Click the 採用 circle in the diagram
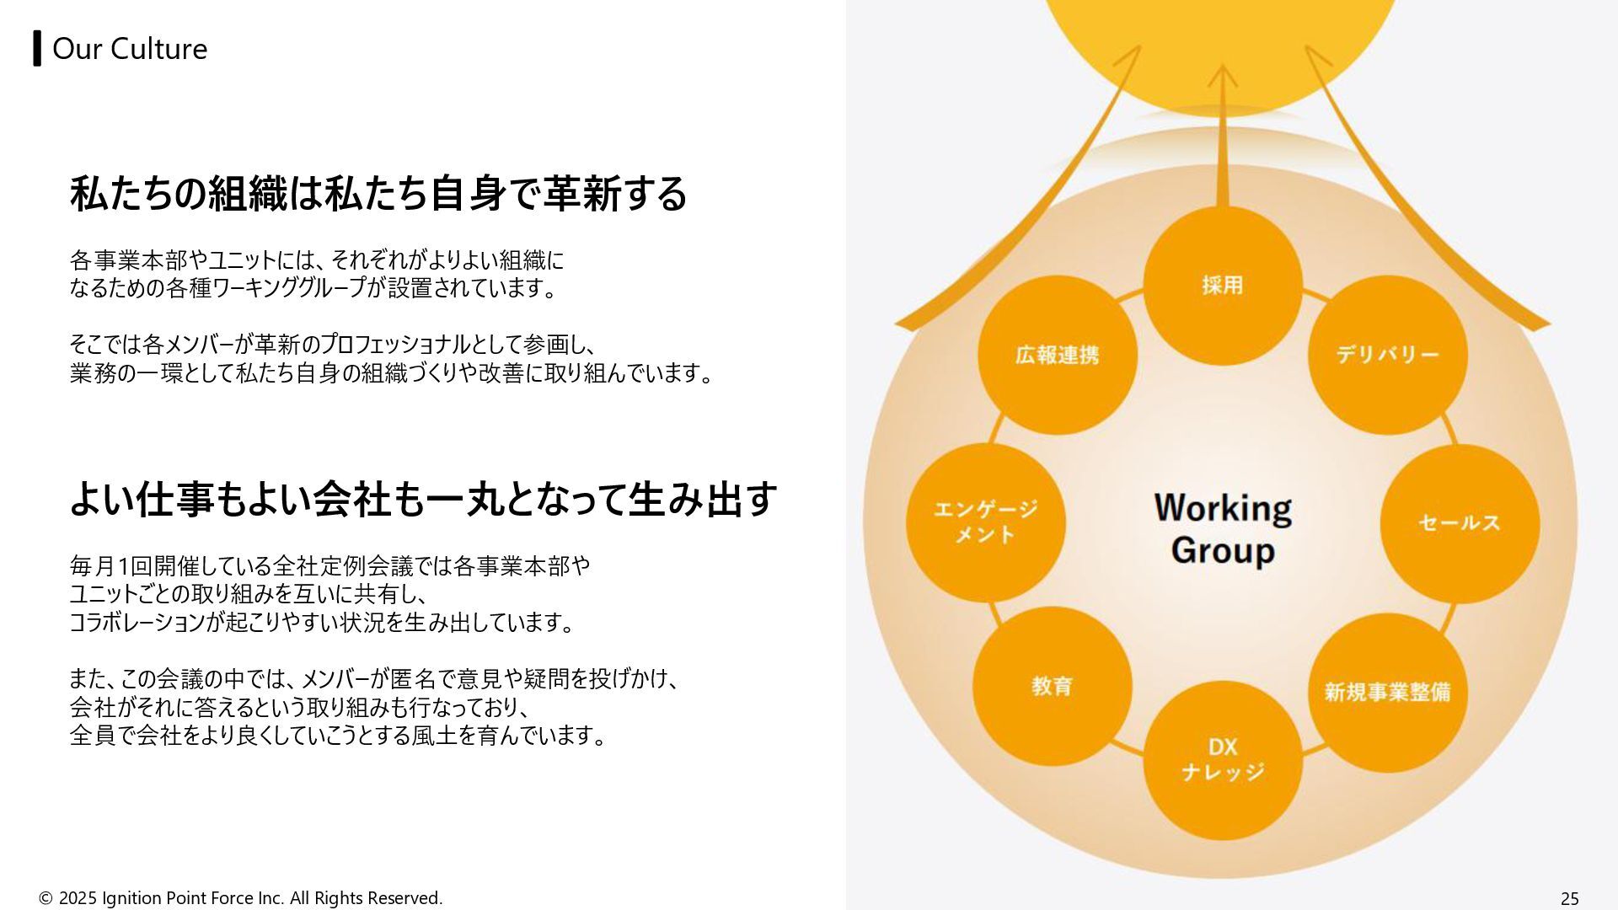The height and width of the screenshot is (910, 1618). tap(1222, 286)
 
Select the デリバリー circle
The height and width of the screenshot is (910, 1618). tap(1387, 355)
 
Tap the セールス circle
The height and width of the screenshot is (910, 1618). tap(1460, 523)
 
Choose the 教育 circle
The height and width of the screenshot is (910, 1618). tap(1052, 687)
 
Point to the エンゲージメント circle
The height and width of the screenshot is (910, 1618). tap(985, 522)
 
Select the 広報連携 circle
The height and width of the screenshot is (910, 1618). tap(1057, 355)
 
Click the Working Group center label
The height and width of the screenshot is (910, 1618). tap(1222, 529)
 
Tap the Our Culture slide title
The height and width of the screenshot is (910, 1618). tap(130, 49)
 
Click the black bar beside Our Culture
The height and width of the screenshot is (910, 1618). tap(37, 48)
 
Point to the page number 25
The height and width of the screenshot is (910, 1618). tap(1569, 898)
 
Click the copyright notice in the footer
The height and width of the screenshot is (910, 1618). tap(241, 898)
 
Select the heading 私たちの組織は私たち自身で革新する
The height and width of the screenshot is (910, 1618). tap(378, 194)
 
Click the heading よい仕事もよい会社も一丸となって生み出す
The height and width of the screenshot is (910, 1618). tap(423, 499)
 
